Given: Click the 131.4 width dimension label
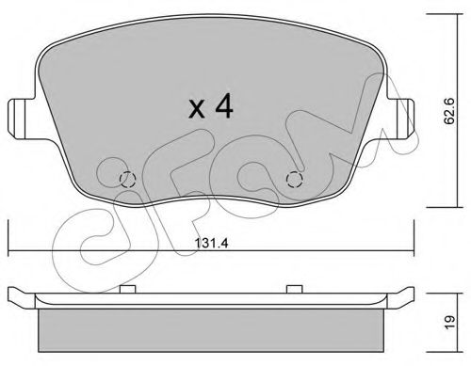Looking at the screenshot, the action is coord(211,243).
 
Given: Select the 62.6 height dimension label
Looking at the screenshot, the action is coord(449,111).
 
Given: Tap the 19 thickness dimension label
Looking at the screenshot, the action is coord(449,322).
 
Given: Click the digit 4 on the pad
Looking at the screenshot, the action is coord(224,106).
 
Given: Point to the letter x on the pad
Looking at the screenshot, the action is coord(197,109).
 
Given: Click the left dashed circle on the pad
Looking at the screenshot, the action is coord(128,180).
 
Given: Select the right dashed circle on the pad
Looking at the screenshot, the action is coord(295,180).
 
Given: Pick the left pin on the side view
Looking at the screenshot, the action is coord(128,289).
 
